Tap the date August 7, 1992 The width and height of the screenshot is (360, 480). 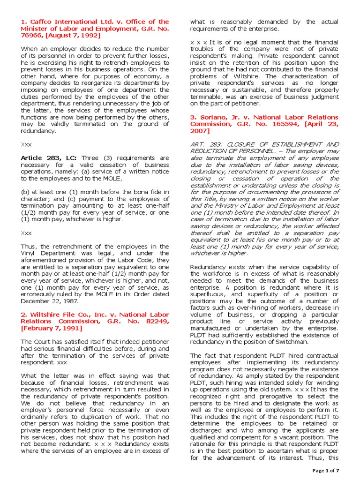pos(73,36)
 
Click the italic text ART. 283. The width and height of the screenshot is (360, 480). pos(204,144)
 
